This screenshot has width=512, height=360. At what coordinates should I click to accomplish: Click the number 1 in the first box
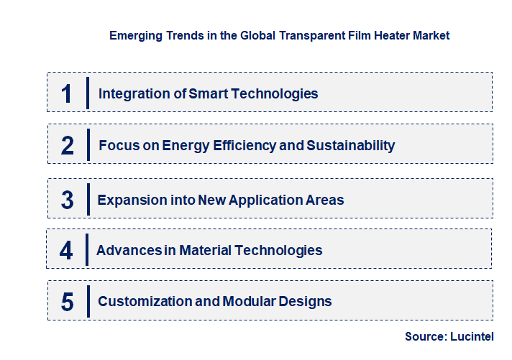tap(67, 93)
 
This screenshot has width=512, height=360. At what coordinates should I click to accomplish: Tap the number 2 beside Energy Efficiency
tap(68, 145)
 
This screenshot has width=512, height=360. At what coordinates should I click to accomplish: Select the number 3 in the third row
tap(67, 199)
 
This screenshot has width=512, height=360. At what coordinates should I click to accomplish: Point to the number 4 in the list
tap(66, 250)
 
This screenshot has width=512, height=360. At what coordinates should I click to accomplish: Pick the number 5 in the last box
tap(67, 302)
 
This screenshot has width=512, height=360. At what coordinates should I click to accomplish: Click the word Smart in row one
tap(209, 93)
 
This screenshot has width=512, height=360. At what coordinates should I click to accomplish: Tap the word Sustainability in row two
tap(351, 145)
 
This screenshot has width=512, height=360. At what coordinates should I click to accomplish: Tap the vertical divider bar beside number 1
tap(87, 93)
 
